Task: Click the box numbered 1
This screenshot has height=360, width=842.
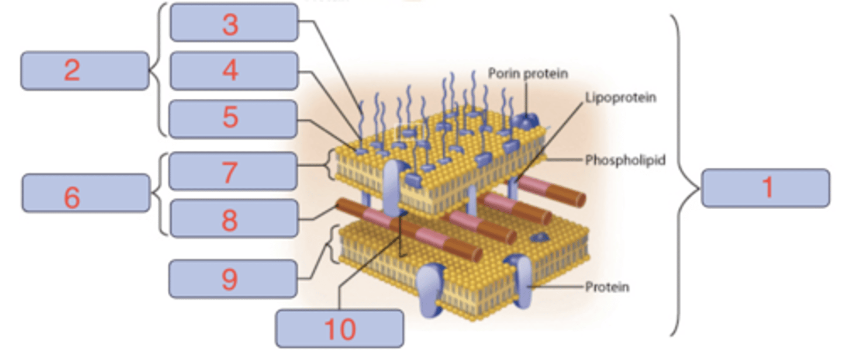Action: tap(765, 188)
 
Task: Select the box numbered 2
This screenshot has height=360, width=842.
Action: tap(85, 71)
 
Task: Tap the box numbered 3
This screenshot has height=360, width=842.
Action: tap(234, 23)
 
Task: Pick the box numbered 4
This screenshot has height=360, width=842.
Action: tap(234, 71)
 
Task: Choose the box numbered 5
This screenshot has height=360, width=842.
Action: tap(234, 119)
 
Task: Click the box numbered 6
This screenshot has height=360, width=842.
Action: tap(85, 193)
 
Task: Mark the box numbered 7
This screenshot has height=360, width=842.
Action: tap(233, 171)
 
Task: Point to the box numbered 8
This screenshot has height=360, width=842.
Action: tap(233, 218)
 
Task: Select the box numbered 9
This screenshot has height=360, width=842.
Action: tap(233, 279)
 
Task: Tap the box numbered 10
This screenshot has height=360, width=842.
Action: tap(339, 328)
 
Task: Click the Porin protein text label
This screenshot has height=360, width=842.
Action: tap(528, 74)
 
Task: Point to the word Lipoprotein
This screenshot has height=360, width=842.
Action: tap(620, 97)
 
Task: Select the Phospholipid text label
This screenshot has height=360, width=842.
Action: tap(625, 160)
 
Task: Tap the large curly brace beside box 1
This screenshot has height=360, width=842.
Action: tap(684, 175)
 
